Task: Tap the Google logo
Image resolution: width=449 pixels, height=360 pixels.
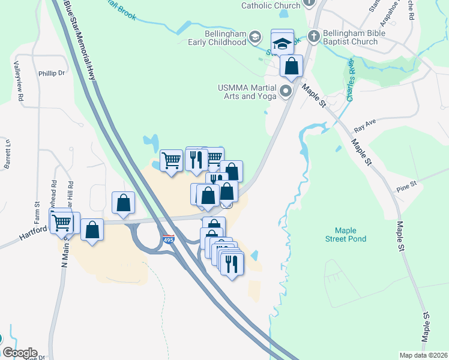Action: pos(20,353)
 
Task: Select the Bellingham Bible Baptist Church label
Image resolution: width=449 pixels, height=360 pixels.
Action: pos(351,37)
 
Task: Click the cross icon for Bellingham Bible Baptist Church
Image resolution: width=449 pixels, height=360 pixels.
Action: pos(313,35)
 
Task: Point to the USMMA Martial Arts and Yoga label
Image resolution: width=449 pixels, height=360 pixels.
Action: pos(247,92)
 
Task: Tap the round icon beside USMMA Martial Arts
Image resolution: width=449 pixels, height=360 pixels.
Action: pos(285,92)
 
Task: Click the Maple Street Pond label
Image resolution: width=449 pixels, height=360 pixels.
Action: pos(351,235)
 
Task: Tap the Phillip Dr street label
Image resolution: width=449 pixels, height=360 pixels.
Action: pos(52,73)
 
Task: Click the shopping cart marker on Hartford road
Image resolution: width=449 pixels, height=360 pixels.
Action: pos(61,223)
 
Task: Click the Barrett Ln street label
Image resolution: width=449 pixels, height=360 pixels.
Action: pos(8,154)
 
